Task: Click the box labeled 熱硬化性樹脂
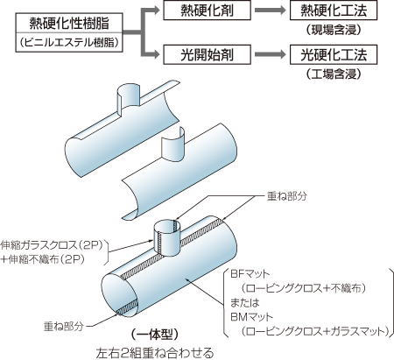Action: tap(69, 23)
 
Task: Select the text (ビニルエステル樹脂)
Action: tap(69, 42)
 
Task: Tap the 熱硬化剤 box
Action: tap(207, 11)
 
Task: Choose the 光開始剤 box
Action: tap(207, 54)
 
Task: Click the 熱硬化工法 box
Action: tap(334, 11)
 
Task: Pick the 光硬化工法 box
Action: tap(334, 54)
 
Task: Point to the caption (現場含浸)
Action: tap(334, 30)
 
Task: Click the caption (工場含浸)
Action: tap(334, 74)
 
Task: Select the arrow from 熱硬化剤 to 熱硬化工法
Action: tap(270, 11)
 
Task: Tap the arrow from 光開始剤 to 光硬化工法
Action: tap(270, 54)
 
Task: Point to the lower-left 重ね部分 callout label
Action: tap(64, 326)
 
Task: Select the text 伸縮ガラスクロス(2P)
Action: tap(53, 245)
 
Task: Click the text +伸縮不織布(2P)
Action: tap(43, 259)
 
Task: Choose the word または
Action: tap(244, 303)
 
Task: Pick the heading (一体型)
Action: tap(155, 335)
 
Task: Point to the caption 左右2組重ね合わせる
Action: tap(155, 353)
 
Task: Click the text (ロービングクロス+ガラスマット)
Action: tap(315, 331)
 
